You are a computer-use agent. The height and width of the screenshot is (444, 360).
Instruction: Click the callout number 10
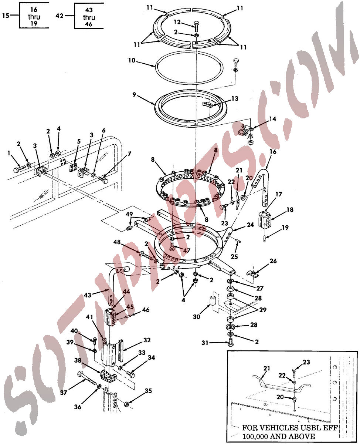(132, 60)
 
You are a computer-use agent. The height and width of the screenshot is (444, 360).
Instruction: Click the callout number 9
(134, 94)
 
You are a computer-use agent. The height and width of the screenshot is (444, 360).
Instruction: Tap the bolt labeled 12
(196, 27)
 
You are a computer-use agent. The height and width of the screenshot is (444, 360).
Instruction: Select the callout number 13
(235, 98)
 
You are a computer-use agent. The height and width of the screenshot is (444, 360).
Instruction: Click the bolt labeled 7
(103, 179)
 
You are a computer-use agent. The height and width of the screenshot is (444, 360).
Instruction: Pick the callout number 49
(129, 214)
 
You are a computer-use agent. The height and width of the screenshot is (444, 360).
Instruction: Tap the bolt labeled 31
(231, 342)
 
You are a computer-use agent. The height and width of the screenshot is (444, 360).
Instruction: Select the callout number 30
(196, 317)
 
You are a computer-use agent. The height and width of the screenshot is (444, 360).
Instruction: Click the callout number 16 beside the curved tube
(273, 152)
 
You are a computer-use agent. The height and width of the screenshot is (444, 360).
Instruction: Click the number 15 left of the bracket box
(6, 16)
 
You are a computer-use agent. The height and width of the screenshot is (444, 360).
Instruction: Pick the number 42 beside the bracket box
(60, 16)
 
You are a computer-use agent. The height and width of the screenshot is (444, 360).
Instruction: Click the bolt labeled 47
(172, 246)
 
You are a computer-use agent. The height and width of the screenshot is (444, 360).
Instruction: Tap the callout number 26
(273, 261)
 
